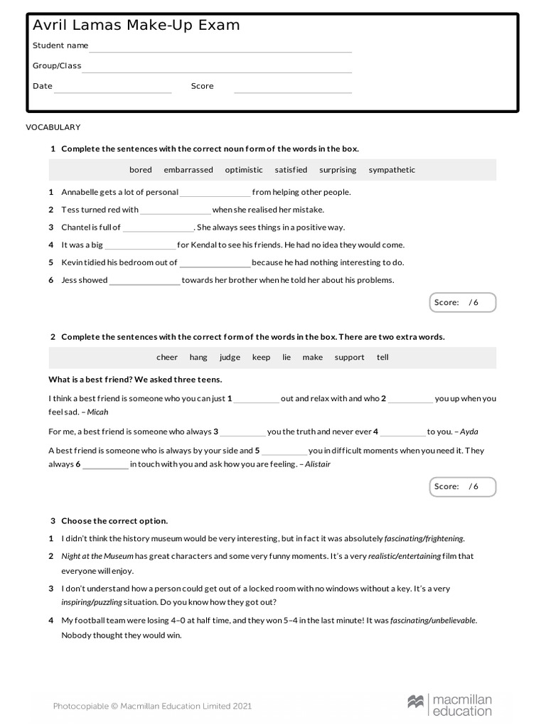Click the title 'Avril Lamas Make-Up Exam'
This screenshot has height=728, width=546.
(x=136, y=26)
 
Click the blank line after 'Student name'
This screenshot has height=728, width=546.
(x=220, y=49)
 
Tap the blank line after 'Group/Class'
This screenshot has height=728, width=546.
(x=217, y=69)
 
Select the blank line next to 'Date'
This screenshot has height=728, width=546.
(x=113, y=90)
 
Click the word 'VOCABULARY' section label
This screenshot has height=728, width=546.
(x=53, y=127)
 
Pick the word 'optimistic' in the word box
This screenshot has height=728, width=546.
(x=244, y=170)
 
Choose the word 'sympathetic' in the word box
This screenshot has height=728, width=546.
(x=392, y=170)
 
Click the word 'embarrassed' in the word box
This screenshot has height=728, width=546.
(x=188, y=170)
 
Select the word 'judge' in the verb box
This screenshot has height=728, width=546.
(x=230, y=358)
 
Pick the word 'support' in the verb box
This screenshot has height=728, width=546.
(x=349, y=358)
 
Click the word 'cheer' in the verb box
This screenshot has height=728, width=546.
(x=167, y=358)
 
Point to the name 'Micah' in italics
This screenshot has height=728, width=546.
(x=97, y=412)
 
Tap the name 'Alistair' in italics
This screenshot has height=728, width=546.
(x=317, y=464)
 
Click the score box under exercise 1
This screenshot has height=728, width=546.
(x=462, y=303)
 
